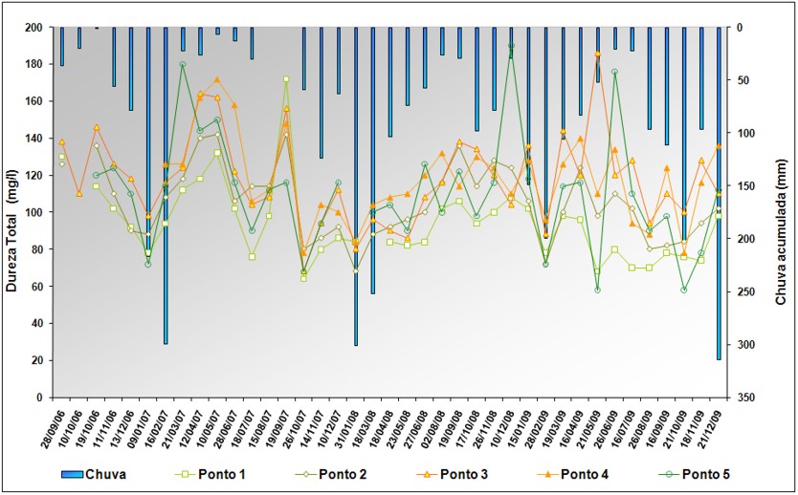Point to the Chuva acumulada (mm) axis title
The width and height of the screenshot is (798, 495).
[x=780, y=212]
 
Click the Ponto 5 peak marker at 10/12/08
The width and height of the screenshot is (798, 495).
[x=512, y=45]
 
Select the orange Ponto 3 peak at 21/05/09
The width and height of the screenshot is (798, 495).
[x=598, y=54]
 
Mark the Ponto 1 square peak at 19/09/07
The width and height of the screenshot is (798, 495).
[x=286, y=78]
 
